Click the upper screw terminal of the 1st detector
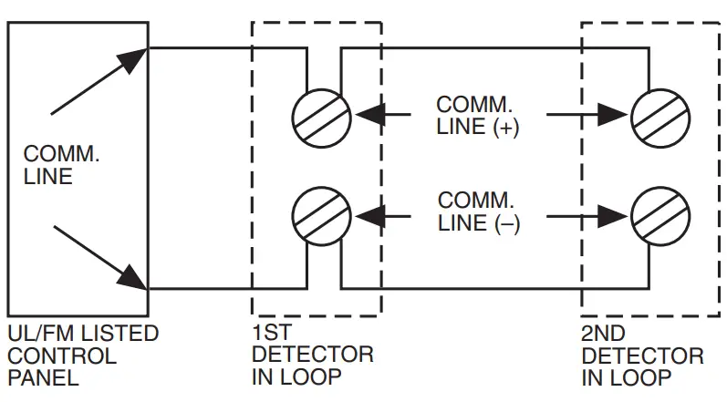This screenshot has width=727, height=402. pyautogui.click(x=322, y=116)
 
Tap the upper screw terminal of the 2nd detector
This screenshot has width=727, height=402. pyautogui.click(x=660, y=116)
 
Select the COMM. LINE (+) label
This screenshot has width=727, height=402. pyautogui.click(x=477, y=116)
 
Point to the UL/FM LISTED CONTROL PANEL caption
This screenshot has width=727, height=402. pyautogui.click(x=82, y=356)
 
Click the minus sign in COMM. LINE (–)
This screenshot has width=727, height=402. pyautogui.click(x=506, y=222)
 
